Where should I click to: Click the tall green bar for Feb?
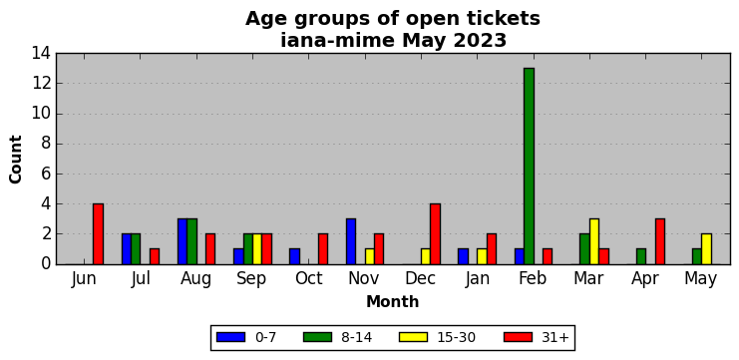coord(529,167)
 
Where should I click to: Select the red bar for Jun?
coord(98,234)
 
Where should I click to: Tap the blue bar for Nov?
coord(351,241)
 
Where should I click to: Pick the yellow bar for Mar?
coord(594,241)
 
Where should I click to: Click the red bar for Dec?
coord(435,234)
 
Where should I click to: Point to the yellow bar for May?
coord(706,249)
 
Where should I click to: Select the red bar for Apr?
coord(660,241)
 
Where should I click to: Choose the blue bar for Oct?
coord(294,257)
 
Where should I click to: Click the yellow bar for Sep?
coord(257,249)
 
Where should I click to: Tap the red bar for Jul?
coord(155,257)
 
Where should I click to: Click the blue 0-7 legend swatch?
coord(230,337)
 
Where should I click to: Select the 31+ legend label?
coord(554,337)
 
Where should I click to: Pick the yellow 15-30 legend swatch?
coord(413,337)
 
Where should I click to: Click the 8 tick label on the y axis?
coord(47,144)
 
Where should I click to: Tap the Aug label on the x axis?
coord(195,279)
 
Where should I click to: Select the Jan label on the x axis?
coord(477,279)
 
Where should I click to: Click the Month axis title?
coord(393,301)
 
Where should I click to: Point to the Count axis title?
coord(16,160)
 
